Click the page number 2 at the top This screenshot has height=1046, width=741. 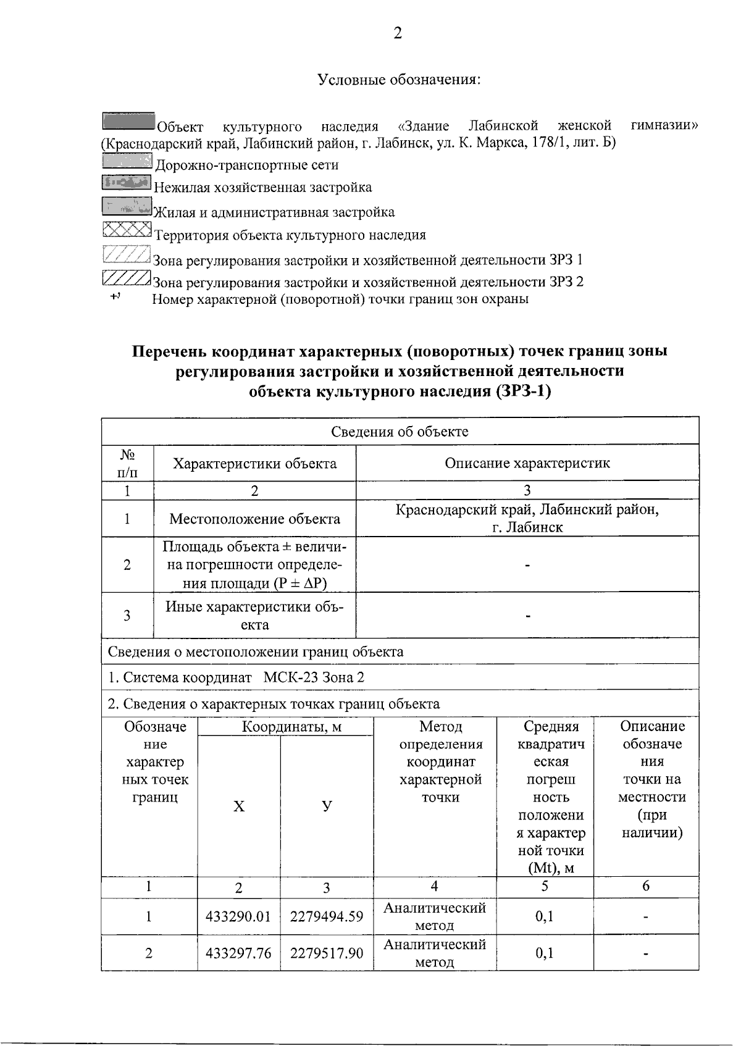click(397, 33)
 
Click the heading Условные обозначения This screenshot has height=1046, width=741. click(398, 80)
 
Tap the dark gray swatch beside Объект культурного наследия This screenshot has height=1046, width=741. click(128, 121)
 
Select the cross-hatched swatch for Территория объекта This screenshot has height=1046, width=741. click(127, 230)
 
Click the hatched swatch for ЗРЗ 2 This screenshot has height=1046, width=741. click(126, 278)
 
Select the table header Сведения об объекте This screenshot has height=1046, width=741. click(400, 431)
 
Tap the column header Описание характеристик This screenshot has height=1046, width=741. click(527, 462)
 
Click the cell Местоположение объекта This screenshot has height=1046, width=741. click(254, 519)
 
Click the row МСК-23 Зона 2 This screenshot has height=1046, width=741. click(236, 677)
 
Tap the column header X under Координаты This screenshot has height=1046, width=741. click(238, 806)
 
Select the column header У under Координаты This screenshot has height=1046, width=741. click(327, 806)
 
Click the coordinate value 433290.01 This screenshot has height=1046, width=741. click(238, 916)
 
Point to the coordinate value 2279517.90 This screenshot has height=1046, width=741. click(327, 953)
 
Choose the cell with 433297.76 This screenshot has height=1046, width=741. click(238, 953)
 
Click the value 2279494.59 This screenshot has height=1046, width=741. click(327, 916)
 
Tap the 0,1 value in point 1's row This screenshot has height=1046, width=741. click(544, 916)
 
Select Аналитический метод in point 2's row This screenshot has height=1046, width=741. click(434, 953)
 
